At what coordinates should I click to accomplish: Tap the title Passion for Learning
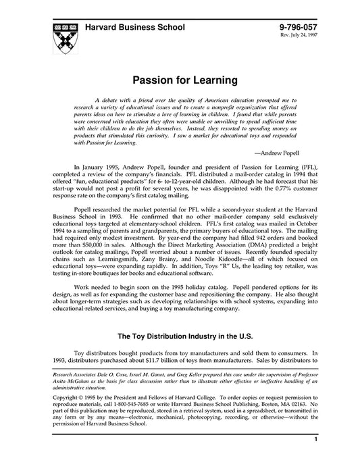click(x=180, y=80)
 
